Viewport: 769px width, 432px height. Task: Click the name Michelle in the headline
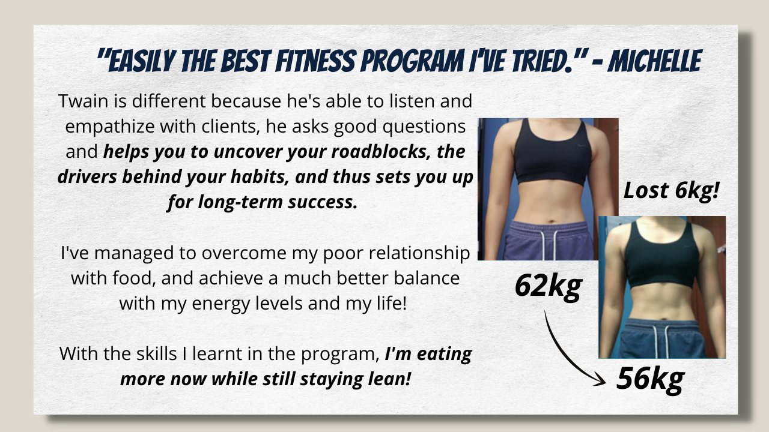655,61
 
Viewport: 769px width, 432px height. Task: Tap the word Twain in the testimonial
84,101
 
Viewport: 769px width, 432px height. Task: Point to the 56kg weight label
650,379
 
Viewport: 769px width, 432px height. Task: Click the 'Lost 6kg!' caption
671,190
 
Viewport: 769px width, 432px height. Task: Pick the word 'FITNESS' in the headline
315,61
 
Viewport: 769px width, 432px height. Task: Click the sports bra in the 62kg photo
553,152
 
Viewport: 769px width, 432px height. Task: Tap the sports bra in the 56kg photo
661,255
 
